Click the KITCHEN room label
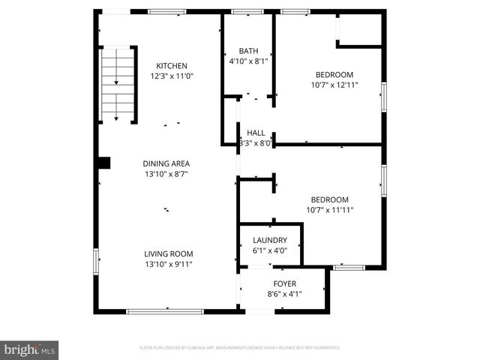point(172,66)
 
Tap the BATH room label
point(248,51)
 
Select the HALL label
point(256,133)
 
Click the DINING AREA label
point(166,163)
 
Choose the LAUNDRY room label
point(270,240)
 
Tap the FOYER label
point(284,283)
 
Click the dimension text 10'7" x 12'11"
point(334,85)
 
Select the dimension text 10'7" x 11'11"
point(330,209)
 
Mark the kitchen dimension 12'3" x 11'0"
point(172,76)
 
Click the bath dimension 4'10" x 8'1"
point(248,61)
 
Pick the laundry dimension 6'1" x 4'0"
point(270,250)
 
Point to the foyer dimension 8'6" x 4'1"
point(284,293)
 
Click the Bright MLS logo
point(30,349)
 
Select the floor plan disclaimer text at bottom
point(240,348)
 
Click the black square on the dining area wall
point(104,162)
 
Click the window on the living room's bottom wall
point(164,311)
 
